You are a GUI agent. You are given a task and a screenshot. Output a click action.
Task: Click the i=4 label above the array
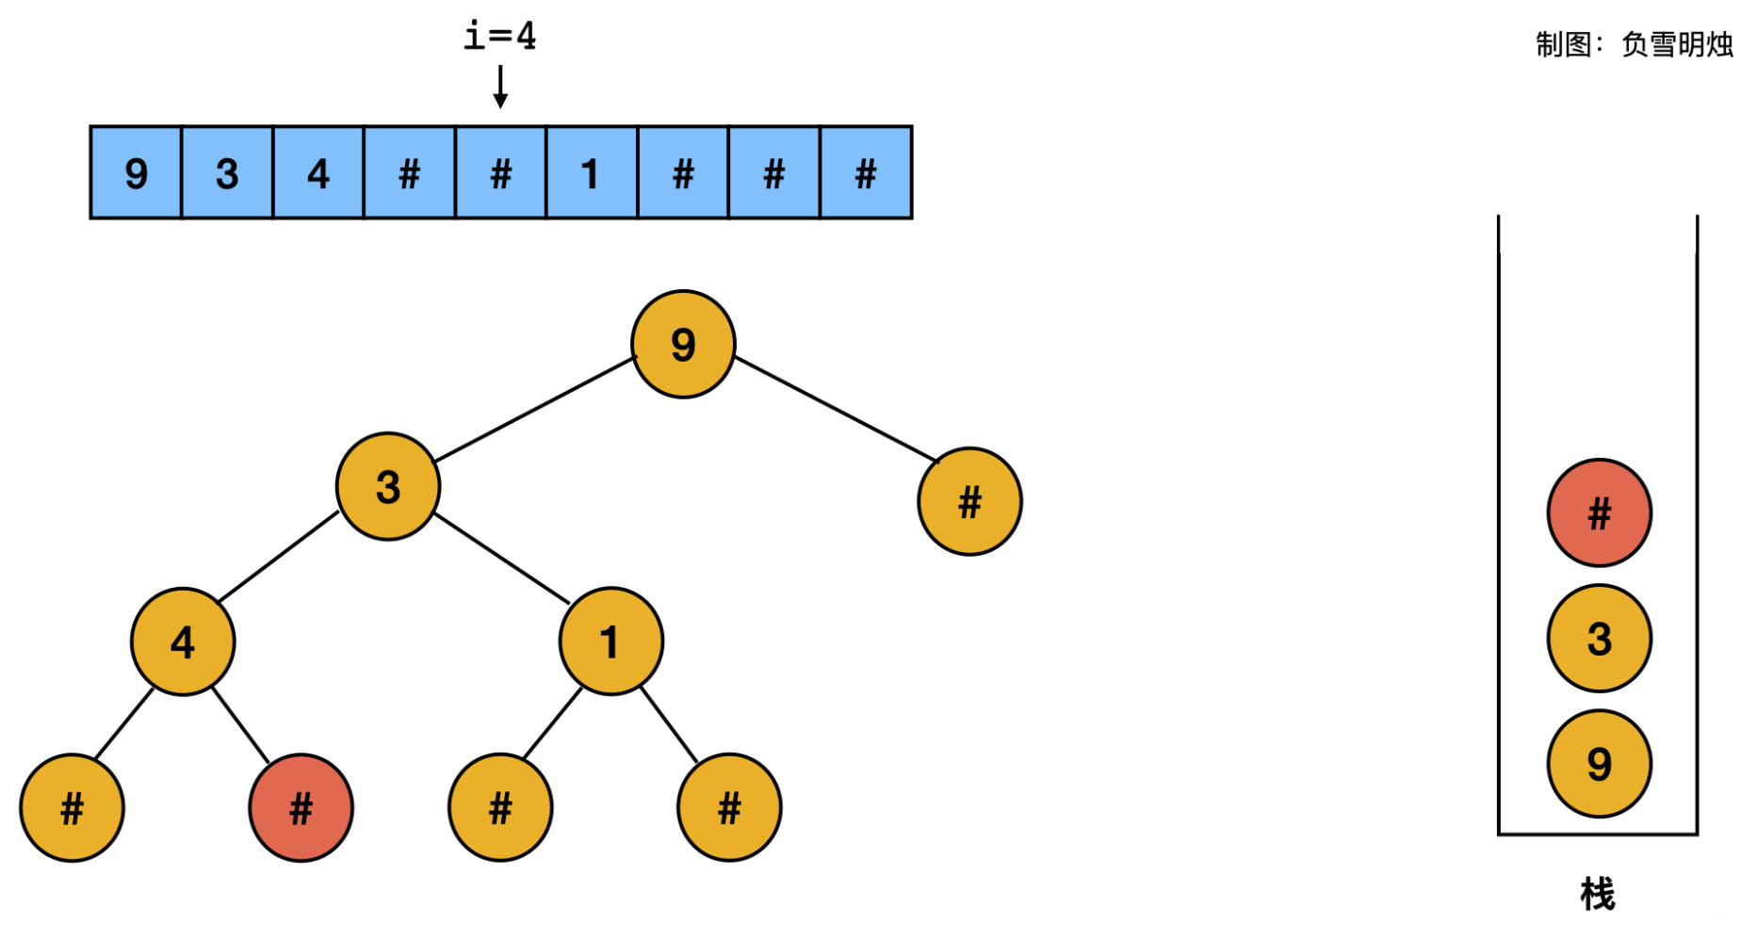coord(499,36)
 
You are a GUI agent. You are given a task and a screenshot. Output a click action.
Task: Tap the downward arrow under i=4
coord(500,87)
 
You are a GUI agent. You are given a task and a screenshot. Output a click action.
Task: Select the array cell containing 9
coord(136,173)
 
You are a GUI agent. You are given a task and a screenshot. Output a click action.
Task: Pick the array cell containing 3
coord(227,173)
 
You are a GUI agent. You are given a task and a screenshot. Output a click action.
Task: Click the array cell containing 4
coord(318,173)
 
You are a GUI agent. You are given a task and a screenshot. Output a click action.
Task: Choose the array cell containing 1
coord(591,173)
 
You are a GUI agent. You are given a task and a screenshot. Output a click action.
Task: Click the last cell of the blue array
coord(866,173)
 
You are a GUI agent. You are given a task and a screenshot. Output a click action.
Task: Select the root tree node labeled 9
coord(683,345)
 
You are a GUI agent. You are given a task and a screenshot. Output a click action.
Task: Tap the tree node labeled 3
coord(388,487)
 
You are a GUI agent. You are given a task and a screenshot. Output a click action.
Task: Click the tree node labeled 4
coord(183,642)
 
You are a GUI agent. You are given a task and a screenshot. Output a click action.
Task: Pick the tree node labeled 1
coord(610,642)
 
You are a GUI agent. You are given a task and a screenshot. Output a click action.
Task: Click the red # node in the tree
coord(301,808)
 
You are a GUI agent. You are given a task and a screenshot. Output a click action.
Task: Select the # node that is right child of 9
coord(969,502)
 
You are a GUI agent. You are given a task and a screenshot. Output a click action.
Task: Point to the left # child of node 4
coord(72,808)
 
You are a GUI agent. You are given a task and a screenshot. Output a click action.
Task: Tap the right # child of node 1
coord(729,808)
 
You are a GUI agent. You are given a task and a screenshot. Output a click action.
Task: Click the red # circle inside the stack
coord(1599,513)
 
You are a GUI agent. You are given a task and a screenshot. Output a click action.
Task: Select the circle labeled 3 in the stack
coord(1599,639)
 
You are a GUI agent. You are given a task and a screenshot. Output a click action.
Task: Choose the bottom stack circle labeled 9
coord(1599,764)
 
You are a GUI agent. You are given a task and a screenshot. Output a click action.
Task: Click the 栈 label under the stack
coord(1597,893)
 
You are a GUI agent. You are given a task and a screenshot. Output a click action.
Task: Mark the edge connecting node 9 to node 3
coord(535,410)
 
